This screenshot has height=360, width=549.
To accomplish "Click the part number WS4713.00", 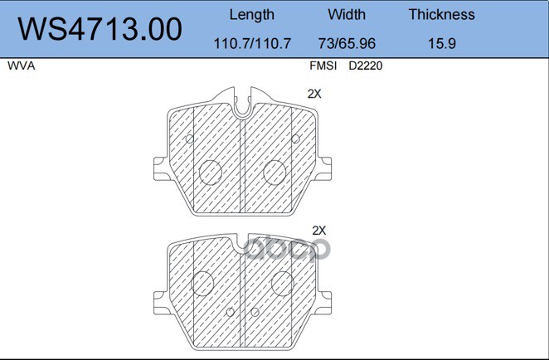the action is tap(100, 29).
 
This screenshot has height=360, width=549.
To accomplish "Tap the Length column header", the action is tap(252, 15).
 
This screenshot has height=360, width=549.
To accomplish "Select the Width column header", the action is tap(347, 14).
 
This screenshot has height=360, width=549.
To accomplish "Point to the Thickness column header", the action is tap(441, 14).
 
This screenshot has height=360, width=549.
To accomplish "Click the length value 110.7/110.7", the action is tap(252, 43).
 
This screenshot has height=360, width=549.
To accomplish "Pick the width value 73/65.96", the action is tap(347, 43).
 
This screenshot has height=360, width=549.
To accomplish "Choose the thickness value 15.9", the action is tap(442, 43).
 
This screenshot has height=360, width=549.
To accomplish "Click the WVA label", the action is tap(22, 66).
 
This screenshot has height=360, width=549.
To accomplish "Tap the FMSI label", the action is tap(323, 66).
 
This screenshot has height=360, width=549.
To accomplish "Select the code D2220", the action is tap(366, 66).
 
